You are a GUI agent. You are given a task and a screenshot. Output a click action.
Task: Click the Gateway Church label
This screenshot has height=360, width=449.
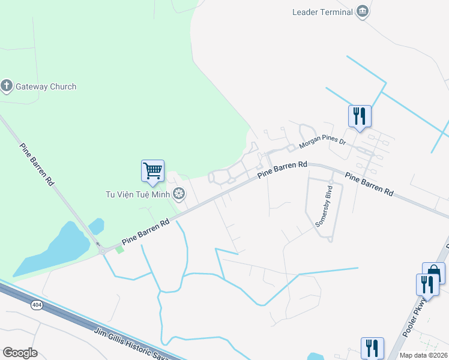tap(46, 86)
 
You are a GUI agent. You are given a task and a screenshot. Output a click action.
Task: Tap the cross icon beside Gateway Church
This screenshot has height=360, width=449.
tap(7, 86)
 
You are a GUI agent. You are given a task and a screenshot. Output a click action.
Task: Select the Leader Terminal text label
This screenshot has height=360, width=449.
tap(322, 11)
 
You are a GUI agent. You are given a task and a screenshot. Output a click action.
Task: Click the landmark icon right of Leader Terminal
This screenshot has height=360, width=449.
tap(362, 11)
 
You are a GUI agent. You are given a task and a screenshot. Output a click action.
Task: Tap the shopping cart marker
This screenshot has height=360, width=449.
tap(152, 170)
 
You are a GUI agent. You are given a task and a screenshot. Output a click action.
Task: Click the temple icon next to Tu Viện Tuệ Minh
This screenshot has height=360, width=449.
tap(178, 194)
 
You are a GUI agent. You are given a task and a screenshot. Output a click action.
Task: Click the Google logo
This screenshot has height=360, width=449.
tap(20, 353)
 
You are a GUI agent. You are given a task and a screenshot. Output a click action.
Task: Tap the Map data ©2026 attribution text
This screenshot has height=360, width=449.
tap(424, 355)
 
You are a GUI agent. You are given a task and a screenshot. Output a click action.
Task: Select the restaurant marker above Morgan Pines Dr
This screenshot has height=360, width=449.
tap(360, 116)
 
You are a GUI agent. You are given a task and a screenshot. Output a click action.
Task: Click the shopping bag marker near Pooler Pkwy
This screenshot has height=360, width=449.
tap(433, 273)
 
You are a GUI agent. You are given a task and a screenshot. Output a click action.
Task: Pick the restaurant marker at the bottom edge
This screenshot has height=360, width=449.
tap(372, 348)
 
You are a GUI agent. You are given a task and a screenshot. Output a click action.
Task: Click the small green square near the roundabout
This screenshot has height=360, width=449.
tap(119, 250)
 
